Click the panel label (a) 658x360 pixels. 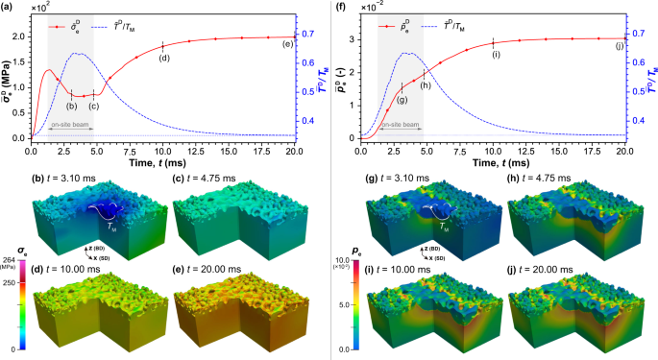pyautogui.click(x=8, y=7)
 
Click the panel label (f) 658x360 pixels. pyautogui.click(x=338, y=7)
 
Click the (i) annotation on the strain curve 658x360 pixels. pyautogui.click(x=496, y=55)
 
